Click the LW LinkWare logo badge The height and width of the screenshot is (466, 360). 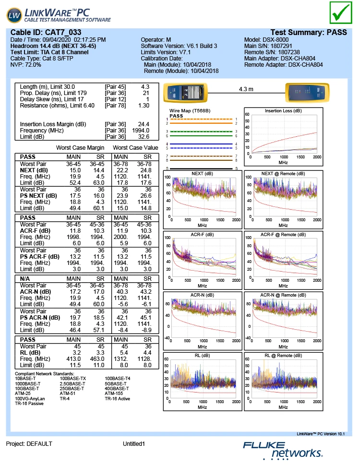[x=14, y=15]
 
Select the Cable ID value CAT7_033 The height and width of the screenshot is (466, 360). [x=59, y=32]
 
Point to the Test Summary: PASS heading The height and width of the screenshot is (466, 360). [x=309, y=32]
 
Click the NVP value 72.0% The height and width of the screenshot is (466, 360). [x=32, y=64]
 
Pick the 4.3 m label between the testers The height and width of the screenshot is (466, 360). [x=246, y=89]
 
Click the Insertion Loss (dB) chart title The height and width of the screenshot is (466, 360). [x=283, y=111]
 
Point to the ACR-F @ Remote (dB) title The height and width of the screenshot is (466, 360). [x=283, y=235]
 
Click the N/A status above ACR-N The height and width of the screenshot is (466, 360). [x=26, y=278]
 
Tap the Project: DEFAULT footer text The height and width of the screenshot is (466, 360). [x=29, y=444]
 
